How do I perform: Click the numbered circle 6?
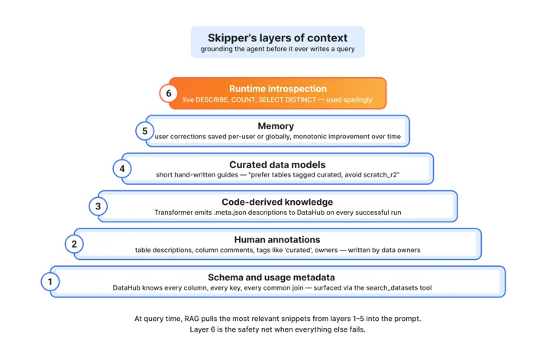(169, 93)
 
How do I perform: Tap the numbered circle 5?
(145, 131)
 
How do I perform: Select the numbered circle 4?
(122, 169)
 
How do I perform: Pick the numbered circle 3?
(99, 206)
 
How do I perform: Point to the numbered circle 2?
(74, 244)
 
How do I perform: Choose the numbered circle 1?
(50, 281)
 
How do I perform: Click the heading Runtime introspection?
(278, 89)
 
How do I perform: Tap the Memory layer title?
(276, 126)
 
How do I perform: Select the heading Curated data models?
(277, 164)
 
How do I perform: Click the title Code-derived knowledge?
(277, 202)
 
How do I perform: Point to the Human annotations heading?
(277, 240)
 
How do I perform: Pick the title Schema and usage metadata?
(272, 277)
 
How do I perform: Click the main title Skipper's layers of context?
(277, 37)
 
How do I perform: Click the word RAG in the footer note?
(192, 319)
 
